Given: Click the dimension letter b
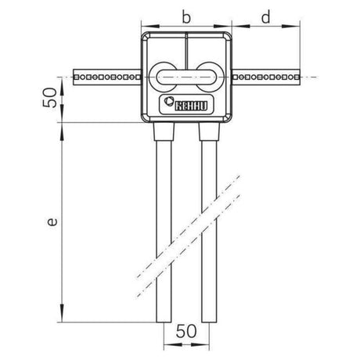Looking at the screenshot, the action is (186, 17).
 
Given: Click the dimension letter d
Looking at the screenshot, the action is (266, 17).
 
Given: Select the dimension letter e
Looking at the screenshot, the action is (52, 221).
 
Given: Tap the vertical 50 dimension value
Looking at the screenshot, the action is (49, 98).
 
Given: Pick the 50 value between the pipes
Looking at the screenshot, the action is (186, 331).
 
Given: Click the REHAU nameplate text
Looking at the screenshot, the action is (191, 106).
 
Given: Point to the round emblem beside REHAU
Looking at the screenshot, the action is (167, 101).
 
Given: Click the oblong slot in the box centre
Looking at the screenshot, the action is (186, 77).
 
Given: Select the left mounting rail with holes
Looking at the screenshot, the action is (107, 77).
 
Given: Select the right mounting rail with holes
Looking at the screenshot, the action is (266, 77).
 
